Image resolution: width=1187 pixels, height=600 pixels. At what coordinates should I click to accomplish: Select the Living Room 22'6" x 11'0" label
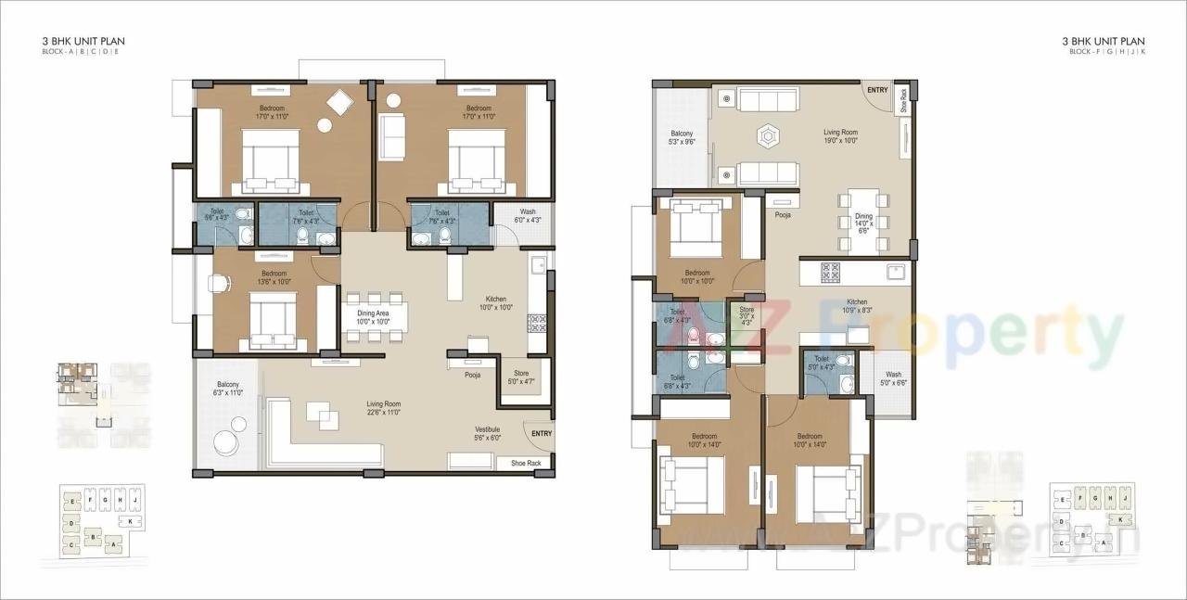tap(383, 407)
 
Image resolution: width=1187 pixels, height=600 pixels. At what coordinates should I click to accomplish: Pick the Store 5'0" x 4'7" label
tap(521, 377)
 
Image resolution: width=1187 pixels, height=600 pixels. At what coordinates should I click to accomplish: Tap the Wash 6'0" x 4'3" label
tap(527, 215)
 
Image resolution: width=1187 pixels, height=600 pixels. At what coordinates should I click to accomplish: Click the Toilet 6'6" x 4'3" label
tap(216, 214)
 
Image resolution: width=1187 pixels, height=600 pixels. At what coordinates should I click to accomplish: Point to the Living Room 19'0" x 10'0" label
tap(840, 136)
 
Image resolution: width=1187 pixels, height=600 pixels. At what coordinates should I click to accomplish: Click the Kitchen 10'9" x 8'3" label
tap(856, 307)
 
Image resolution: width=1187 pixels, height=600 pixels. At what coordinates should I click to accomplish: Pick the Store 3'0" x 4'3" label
tap(747, 316)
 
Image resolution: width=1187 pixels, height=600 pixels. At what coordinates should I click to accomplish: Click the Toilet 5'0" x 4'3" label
tap(822, 362)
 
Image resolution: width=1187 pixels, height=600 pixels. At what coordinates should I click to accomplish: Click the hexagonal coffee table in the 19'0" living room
tap(769, 135)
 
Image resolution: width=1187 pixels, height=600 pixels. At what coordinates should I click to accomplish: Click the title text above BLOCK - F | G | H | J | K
tap(1104, 42)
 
